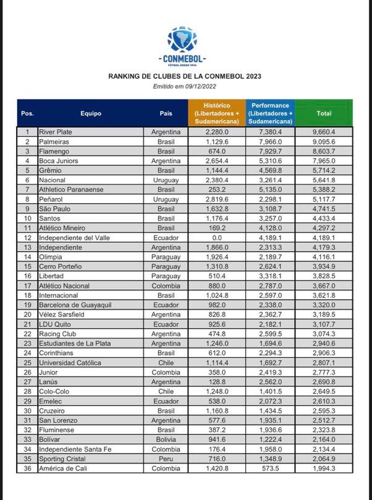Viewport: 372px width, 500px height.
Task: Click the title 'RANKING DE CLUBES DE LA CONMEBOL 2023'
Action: coord(185,77)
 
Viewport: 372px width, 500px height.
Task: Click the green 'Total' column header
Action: coord(323,113)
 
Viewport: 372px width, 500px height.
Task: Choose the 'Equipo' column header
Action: coord(90,113)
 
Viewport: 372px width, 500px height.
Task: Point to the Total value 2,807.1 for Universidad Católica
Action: coord(324,363)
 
